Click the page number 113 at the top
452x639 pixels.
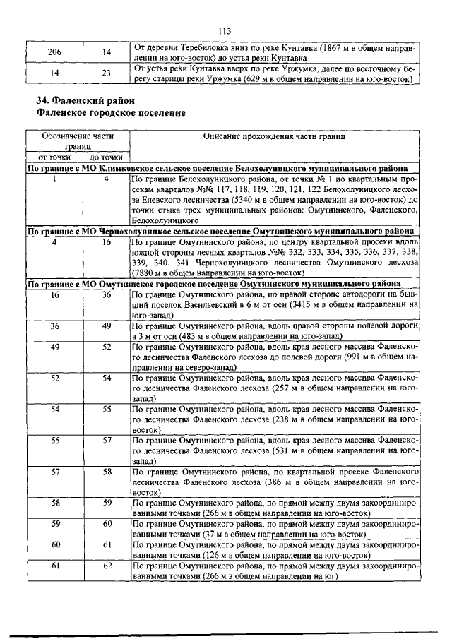pos(225,30)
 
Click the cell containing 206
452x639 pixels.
pos(54,53)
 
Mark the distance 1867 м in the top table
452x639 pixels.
pos(334,48)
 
